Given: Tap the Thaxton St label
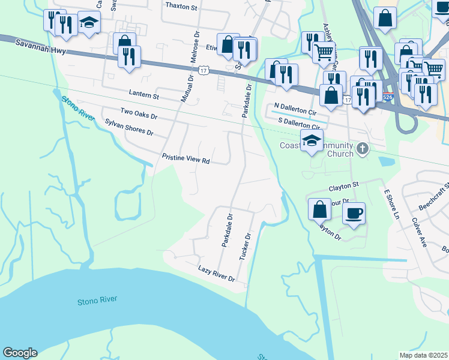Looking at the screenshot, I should [x=181, y=6].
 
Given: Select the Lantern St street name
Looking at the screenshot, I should [x=144, y=95].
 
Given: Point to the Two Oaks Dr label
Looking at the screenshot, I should [x=139, y=113].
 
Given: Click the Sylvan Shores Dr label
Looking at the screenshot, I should [x=129, y=127].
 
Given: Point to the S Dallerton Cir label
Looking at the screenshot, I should [x=298, y=123].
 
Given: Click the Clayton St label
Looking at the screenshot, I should [x=343, y=185].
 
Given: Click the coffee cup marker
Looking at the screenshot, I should [x=354, y=212].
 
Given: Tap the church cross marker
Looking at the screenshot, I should [x=363, y=148].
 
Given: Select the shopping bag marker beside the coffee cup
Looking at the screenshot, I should [x=320, y=209].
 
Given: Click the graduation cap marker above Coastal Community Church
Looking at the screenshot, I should [x=312, y=141].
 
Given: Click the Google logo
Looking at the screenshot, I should [x=20, y=353].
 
